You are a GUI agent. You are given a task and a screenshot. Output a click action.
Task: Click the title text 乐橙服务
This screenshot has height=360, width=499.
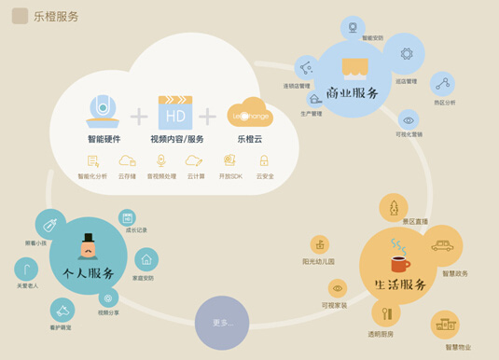56,16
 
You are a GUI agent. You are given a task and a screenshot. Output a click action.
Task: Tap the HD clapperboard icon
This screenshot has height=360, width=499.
175,112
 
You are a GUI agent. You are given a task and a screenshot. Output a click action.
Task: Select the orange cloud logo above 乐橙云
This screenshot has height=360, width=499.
249,113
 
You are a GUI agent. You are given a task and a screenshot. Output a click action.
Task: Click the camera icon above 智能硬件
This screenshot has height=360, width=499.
104,110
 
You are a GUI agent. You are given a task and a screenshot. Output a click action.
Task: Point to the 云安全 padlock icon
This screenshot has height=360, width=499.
264,161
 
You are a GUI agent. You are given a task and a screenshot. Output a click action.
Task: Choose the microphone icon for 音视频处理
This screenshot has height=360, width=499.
160,161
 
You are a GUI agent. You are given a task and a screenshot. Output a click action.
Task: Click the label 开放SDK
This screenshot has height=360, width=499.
230,176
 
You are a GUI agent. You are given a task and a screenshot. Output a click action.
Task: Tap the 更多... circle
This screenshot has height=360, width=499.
222,323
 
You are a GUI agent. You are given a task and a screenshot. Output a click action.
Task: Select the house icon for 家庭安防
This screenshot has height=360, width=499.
146,260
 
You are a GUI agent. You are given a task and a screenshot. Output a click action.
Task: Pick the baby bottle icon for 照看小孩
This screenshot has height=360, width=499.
49,225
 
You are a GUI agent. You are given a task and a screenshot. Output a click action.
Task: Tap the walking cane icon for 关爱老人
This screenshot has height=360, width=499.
27,270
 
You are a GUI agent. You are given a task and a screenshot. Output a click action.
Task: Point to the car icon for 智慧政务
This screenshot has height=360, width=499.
443,246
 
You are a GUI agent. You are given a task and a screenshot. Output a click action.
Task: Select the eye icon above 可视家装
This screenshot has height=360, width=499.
337,288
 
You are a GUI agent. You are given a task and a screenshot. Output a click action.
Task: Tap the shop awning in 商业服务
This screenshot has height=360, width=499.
355,67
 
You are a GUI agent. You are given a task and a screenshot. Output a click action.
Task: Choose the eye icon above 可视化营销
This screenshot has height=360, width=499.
409,120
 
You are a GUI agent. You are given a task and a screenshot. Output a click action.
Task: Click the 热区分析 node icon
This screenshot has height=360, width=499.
442,83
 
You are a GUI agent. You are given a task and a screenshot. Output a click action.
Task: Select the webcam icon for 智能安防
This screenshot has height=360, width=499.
353,27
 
